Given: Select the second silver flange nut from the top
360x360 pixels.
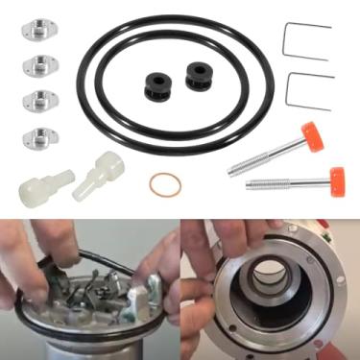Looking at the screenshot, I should [x=37, y=65].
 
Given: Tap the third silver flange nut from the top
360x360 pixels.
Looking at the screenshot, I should [x=38, y=100].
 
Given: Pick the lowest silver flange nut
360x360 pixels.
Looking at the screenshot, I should [x=39, y=135].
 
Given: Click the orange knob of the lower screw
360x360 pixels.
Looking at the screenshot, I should [x=335, y=179].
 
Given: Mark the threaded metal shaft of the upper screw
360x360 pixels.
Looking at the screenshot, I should [x=264, y=156].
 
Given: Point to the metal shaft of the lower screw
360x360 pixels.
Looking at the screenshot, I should [x=283, y=182].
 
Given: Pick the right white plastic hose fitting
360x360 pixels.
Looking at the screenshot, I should [x=101, y=174].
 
